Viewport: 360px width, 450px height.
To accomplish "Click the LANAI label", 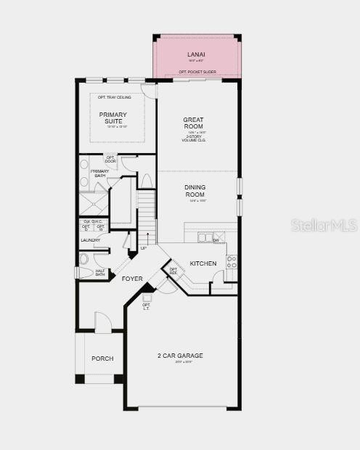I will [x=196, y=54].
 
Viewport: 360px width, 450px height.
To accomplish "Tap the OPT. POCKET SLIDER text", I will [x=197, y=72].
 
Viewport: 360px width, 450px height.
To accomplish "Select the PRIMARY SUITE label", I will [x=113, y=118].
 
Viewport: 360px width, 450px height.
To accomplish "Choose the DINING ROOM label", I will [x=195, y=190].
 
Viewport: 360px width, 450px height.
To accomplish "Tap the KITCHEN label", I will [x=202, y=263].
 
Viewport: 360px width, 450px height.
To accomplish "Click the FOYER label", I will [x=132, y=278].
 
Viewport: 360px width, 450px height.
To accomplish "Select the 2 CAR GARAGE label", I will [x=180, y=356].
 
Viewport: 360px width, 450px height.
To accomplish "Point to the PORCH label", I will [x=102, y=359].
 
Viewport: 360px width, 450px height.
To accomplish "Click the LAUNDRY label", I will [x=91, y=240].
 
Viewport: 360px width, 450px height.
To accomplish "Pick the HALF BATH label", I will [x=100, y=272].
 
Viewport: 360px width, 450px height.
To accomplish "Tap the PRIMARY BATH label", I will [x=99, y=173].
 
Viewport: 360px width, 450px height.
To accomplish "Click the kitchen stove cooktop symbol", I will [x=232, y=262].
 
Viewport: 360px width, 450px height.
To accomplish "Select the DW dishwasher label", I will [x=216, y=240].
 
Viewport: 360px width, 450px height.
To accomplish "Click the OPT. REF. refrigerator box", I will [x=173, y=271].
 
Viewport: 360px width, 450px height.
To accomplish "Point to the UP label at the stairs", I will [x=144, y=248].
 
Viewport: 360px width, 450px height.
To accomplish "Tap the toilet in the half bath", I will [x=84, y=258].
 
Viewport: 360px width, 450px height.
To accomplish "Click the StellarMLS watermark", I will [x=324, y=224].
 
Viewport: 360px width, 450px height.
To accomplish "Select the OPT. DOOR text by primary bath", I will [x=110, y=159].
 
